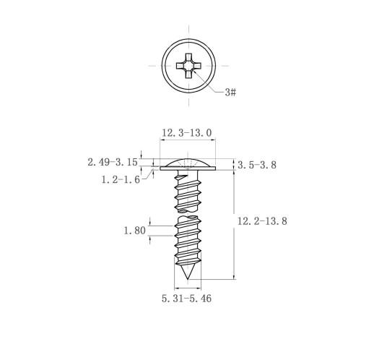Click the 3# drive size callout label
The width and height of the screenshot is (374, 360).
tap(230, 92)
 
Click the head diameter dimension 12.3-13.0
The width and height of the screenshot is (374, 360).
tap(186, 133)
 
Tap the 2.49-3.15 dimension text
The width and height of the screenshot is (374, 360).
tap(113, 162)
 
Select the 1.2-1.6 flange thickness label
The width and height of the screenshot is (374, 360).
tap(121, 179)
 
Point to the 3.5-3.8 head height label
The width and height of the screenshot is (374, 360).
tap(257, 165)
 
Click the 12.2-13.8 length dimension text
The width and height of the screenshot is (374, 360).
tap(262, 221)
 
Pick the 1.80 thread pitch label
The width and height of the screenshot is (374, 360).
tap(134, 231)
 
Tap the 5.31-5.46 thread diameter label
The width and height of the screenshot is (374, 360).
tap(186, 299)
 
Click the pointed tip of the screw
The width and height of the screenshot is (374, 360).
tap(188, 279)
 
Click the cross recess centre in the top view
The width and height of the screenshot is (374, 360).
tap(188, 66)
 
